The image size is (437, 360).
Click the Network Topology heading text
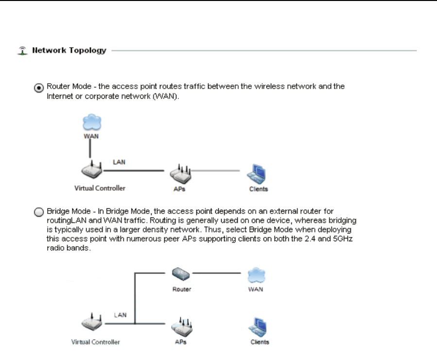[x=69, y=51]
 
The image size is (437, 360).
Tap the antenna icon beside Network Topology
[x=21, y=50]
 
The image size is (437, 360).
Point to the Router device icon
[x=181, y=275]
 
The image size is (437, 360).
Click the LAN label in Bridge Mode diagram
[x=120, y=315]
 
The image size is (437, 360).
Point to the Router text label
[x=181, y=289]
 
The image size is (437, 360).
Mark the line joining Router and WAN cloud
[x=219, y=273]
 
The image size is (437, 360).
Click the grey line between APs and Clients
[x=216, y=171]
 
